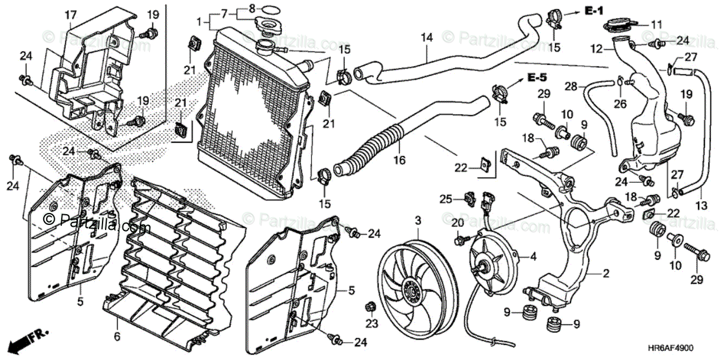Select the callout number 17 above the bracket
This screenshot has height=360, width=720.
[x=70, y=13]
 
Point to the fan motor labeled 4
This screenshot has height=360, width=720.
[x=492, y=262]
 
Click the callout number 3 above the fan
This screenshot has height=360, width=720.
[x=418, y=222]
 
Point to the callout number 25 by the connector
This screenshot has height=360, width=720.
[x=445, y=199]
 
